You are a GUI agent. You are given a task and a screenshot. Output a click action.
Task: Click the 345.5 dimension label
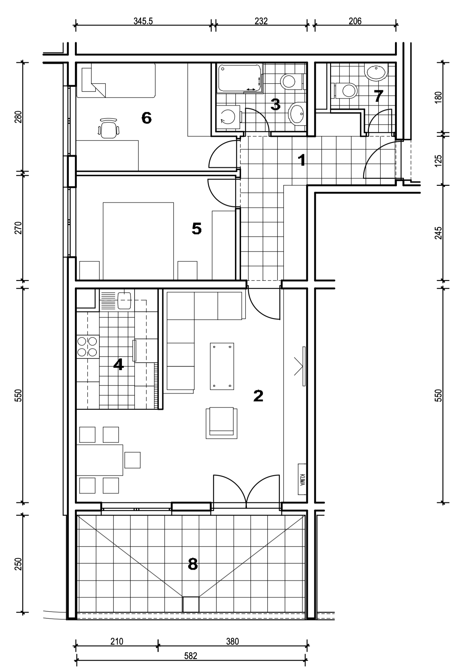pos(143,21)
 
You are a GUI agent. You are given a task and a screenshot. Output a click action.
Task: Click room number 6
pos(147,118)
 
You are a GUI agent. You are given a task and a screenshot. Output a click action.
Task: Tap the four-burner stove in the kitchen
pos(87,347)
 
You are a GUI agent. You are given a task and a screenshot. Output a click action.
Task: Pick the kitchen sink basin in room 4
pos(124,300)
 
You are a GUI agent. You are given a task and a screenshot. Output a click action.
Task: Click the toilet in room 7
pos(346,91)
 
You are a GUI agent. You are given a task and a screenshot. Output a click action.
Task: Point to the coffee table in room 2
pos(222,366)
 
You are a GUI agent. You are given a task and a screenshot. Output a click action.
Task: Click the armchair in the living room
pos(221,423)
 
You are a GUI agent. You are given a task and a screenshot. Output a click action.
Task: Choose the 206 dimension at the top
pos(355,21)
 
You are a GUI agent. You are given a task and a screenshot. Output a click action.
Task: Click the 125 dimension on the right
pos(438,161)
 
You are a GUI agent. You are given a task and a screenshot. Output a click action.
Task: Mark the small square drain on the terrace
pos(191,604)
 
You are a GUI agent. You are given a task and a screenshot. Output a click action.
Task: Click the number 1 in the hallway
pos(302,160)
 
